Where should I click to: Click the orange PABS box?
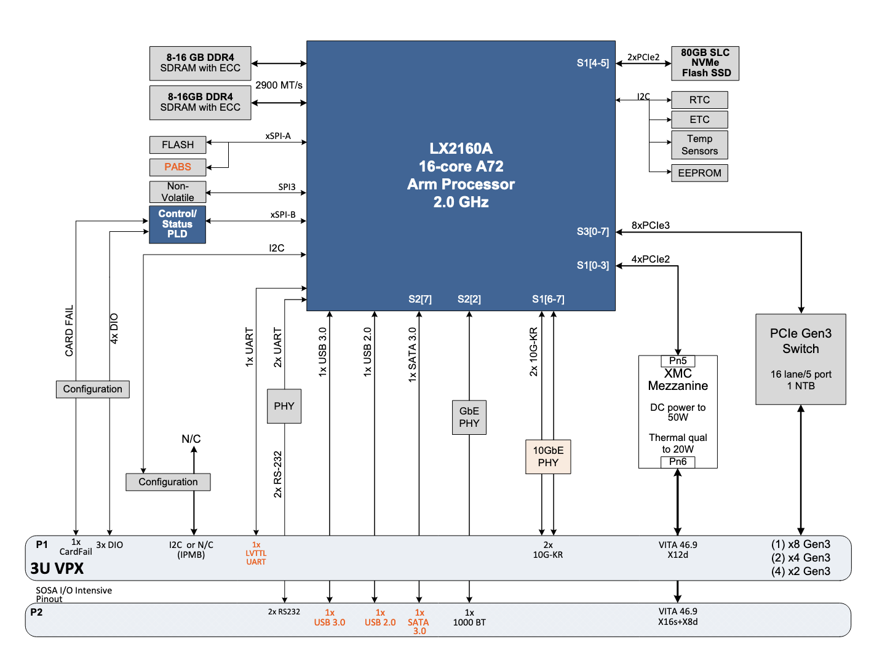(177, 167)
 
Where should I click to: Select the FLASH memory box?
(177, 145)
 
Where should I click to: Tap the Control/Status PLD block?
(177, 224)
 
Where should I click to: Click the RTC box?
(699, 100)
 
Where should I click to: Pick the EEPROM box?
(699, 173)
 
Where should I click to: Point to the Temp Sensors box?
(699, 145)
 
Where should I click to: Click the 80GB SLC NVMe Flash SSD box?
(705, 63)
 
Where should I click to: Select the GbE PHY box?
(469, 418)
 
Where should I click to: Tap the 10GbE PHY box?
(547, 457)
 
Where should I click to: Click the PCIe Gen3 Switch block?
(800, 359)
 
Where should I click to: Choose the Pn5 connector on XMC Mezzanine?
(678, 361)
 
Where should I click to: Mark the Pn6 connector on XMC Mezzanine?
(678, 462)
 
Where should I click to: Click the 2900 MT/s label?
(279, 85)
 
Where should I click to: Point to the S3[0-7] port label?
(592, 232)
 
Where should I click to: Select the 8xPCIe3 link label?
(650, 226)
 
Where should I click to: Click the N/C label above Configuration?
(191, 439)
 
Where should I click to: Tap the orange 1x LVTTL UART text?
(256, 554)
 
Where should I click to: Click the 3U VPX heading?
(57, 569)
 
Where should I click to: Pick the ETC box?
(699, 120)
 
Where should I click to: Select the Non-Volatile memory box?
(177, 192)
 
